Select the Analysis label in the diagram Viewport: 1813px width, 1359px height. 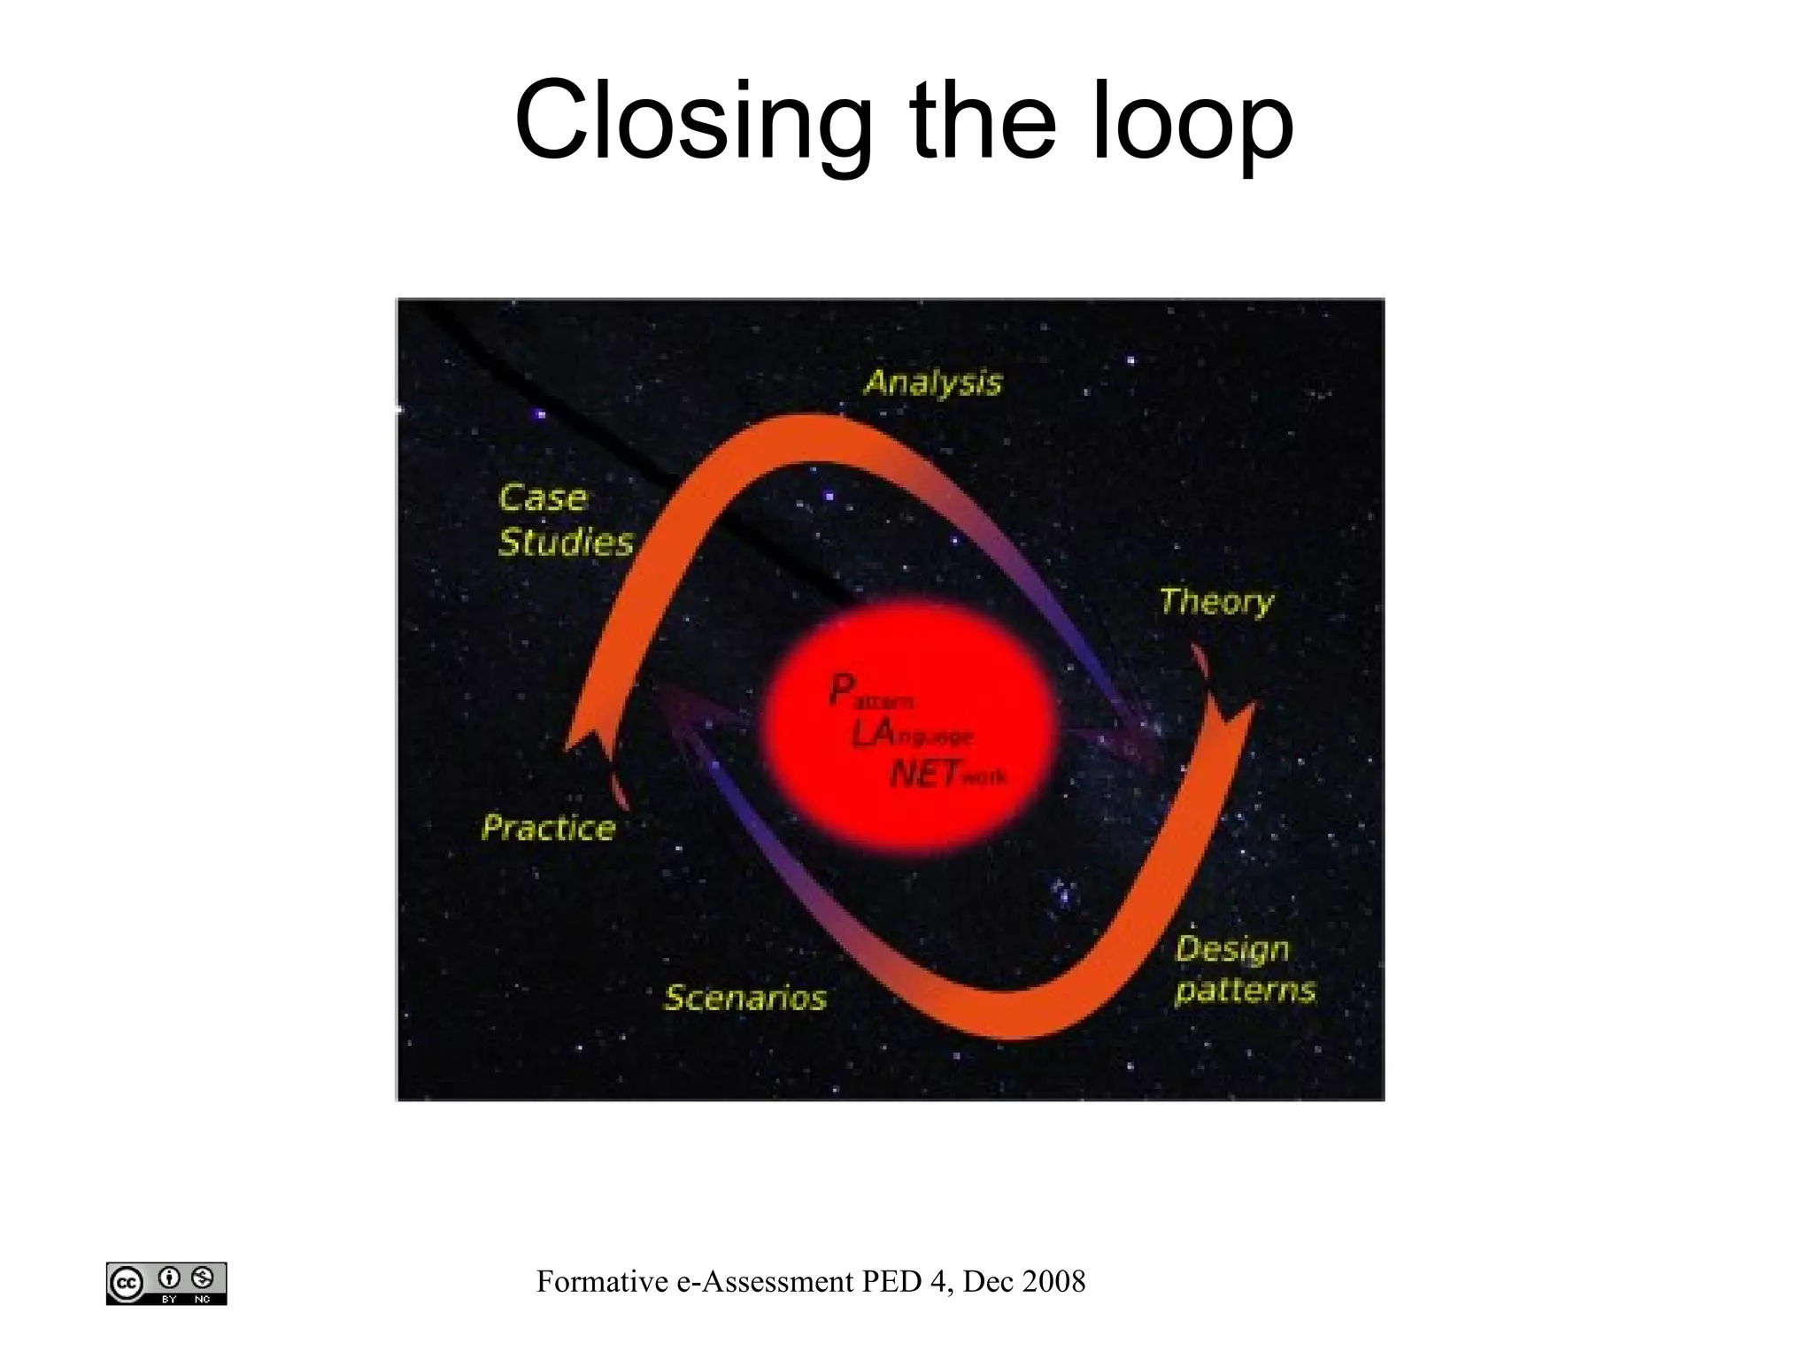click(932, 382)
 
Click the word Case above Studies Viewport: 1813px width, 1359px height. click(542, 498)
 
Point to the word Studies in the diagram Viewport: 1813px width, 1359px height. click(566, 542)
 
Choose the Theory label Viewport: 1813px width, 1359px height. click(1216, 602)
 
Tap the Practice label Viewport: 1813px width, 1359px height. click(548, 828)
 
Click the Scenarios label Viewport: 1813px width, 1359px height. click(744, 998)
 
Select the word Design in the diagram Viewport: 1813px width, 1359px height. click(1231, 949)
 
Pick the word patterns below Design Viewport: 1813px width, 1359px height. click(1245, 990)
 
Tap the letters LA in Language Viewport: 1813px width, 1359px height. click(871, 733)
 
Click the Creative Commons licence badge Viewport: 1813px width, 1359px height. click(166, 1283)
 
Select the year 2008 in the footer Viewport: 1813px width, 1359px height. click(1053, 1281)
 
